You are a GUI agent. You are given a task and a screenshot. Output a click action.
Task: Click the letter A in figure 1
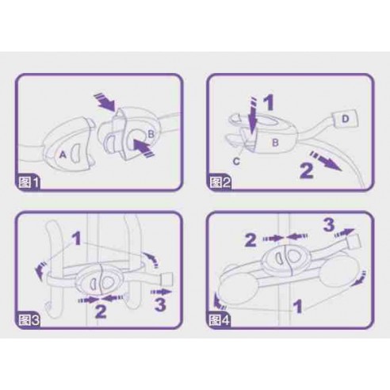63,155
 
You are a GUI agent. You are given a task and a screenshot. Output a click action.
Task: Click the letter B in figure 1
151,134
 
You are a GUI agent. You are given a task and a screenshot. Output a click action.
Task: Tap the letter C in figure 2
236,161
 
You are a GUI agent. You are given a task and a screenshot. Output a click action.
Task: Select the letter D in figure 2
345,119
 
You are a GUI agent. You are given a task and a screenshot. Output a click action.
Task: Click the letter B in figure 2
275,143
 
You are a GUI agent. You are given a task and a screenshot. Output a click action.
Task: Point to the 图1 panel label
29,182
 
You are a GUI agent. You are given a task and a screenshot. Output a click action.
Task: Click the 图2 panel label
220,182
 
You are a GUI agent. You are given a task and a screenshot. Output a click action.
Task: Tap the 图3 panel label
29,320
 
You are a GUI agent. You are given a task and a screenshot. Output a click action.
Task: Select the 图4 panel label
220,320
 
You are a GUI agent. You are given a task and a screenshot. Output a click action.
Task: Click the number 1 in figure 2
269,102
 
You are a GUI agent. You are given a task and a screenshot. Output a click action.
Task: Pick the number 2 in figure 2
307,170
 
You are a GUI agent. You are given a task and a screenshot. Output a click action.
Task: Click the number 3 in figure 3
160,304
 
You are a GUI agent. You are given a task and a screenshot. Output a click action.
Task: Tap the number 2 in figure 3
101,311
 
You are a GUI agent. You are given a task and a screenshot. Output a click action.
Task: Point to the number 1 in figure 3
76,238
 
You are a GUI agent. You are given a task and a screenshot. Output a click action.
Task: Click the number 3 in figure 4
329,225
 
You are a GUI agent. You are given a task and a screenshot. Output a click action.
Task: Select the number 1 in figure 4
298,306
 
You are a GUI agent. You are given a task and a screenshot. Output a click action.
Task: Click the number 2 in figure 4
250,239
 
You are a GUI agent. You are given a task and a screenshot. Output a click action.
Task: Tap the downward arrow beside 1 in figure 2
253,116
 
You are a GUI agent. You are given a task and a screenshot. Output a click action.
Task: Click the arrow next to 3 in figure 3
161,292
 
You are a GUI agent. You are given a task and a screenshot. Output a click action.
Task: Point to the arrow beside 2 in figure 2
326,161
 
